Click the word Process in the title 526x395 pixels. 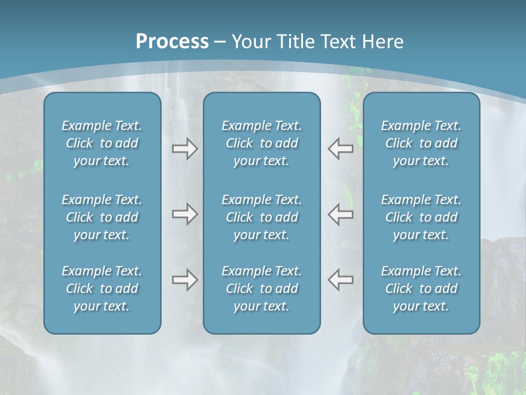[172, 42]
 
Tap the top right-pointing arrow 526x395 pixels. [185, 149]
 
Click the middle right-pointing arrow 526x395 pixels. [185, 214]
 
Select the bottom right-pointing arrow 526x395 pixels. [185, 280]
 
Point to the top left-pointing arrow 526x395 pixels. [340, 149]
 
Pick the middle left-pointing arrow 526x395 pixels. [340, 214]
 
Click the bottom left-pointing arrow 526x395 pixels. [340, 280]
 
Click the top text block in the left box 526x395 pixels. [102, 143]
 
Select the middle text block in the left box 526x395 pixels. [102, 217]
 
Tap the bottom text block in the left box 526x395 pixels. [102, 289]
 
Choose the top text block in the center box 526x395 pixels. [261, 143]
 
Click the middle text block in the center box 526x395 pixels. [261, 217]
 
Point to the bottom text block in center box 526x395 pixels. [261, 289]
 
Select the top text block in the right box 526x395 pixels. [421, 143]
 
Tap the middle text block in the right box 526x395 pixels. [421, 217]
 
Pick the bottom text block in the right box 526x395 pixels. [421, 289]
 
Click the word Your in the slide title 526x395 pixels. [250, 42]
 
